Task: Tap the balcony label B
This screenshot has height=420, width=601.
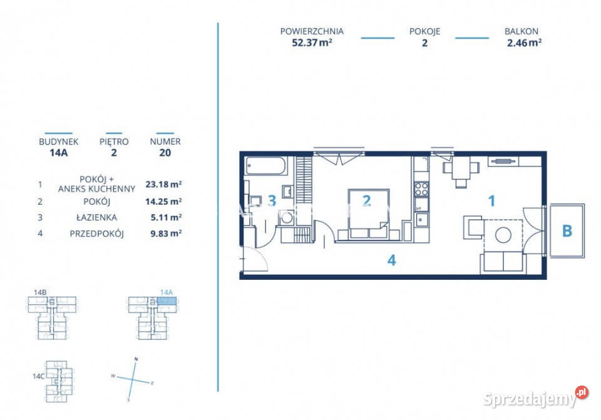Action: pyautogui.click(x=567, y=231)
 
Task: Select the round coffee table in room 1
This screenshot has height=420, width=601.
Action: pyautogui.click(x=503, y=235)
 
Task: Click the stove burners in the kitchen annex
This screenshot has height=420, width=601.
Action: pyautogui.click(x=421, y=189)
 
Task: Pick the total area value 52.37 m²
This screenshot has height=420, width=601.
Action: pyautogui.click(x=312, y=43)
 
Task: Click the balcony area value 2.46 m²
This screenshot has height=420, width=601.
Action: pyautogui.click(x=524, y=43)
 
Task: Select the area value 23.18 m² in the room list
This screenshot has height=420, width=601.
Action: pyautogui.click(x=163, y=184)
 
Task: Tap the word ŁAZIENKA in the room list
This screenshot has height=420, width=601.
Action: pyautogui.click(x=96, y=218)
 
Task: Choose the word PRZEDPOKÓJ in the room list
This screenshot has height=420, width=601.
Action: pyautogui.click(x=96, y=233)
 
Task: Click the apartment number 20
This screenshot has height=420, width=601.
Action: pyautogui.click(x=165, y=153)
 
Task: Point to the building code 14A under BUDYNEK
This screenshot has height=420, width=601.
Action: pyautogui.click(x=59, y=153)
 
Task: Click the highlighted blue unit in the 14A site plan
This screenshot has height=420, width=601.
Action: pyautogui.click(x=167, y=301)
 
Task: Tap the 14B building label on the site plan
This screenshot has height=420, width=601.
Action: pyautogui.click(x=40, y=292)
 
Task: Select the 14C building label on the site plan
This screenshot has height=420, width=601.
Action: pyautogui.click(x=39, y=376)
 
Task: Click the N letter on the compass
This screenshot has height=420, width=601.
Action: pyautogui.click(x=136, y=359)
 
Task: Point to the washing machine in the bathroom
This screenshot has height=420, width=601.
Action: pyautogui.click(x=286, y=218)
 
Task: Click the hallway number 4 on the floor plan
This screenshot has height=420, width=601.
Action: pyautogui.click(x=391, y=260)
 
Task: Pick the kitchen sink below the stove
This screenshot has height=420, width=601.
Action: pyautogui.click(x=421, y=220)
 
